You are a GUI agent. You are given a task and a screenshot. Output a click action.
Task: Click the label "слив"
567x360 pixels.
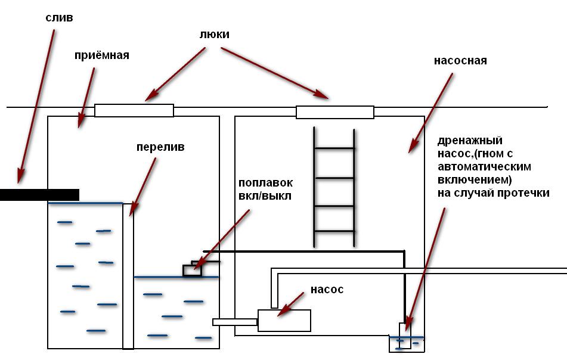pyautogui.click(x=59, y=17)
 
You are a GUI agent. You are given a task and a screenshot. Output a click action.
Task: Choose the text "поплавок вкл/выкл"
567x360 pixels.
pyautogui.click(x=265, y=189)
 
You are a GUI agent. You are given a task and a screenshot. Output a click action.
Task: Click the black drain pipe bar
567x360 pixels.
pyautogui.click(x=39, y=194)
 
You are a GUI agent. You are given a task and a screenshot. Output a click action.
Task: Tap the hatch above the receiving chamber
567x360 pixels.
pyautogui.click(x=134, y=110)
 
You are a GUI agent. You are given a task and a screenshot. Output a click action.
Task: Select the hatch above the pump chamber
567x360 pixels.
pyautogui.click(x=335, y=111)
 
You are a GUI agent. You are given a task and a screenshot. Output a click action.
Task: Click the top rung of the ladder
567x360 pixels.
pyautogui.click(x=334, y=148)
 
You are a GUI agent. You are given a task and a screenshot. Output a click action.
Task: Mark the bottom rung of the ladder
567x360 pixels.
pyautogui.click(x=334, y=231)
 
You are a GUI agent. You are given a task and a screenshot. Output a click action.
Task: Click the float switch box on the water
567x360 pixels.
pyautogui.click(x=192, y=270)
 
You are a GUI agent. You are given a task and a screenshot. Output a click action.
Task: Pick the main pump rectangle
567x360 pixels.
pyautogui.click(x=284, y=321)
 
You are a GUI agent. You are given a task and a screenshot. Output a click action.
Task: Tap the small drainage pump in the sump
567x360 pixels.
pyautogui.click(x=405, y=336)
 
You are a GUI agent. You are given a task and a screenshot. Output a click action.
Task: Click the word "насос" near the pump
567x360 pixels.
pyautogui.click(x=327, y=290)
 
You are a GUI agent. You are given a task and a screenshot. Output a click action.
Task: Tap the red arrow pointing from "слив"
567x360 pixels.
pyautogui.click(x=36, y=104)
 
